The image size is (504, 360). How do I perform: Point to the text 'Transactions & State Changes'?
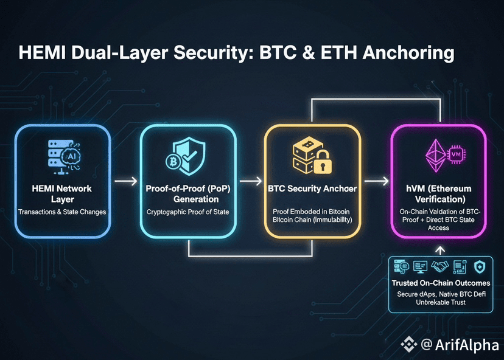(62, 212)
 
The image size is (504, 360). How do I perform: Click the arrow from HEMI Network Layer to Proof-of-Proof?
(124, 180)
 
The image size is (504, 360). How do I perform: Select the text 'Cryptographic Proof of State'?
(187, 212)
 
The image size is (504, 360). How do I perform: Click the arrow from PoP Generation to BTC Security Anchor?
(249, 180)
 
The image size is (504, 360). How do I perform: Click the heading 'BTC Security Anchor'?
(312, 189)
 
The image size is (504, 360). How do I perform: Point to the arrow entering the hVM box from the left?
(376, 180)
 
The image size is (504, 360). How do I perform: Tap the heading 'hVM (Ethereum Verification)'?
(438, 193)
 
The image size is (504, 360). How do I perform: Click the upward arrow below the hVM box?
(441, 250)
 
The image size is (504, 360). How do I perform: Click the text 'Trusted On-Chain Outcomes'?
(440, 283)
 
